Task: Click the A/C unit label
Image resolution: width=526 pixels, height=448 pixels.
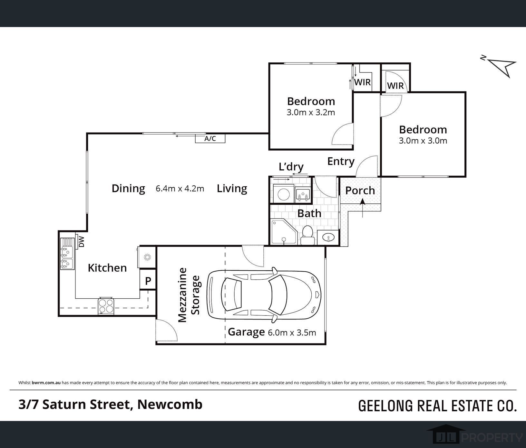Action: click(210, 139)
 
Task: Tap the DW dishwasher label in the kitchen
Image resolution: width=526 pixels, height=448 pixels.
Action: click(82, 242)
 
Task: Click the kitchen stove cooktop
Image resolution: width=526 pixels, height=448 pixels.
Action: click(106, 305)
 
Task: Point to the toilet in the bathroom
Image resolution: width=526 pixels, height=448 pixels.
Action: click(307, 236)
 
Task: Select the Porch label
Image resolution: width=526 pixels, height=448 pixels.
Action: click(360, 191)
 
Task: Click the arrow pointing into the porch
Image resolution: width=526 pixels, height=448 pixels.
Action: click(363, 208)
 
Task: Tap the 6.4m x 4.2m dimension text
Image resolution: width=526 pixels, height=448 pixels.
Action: click(180, 188)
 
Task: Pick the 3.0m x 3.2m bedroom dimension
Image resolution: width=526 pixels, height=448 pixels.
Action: click(311, 112)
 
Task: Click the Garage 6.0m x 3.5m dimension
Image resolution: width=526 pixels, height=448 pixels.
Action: click(292, 332)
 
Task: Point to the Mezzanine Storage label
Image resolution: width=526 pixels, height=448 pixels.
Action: click(189, 295)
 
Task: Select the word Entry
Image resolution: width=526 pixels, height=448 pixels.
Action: click(341, 161)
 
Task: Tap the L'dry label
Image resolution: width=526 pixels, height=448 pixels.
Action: click(291, 167)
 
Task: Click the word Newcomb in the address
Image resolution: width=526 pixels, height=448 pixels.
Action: click(170, 404)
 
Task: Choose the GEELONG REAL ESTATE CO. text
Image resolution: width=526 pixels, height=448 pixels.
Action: click(437, 406)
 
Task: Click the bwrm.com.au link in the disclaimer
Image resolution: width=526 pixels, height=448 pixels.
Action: click(46, 383)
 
